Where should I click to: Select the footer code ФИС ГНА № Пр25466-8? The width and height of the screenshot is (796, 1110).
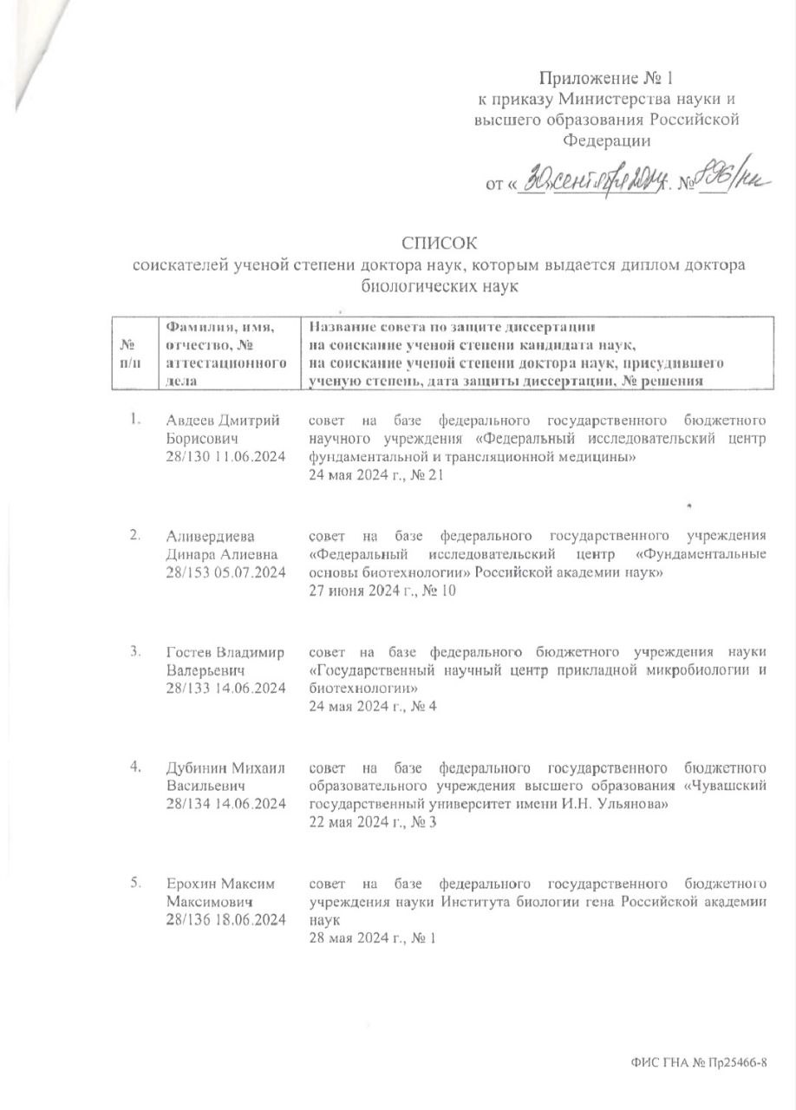(x=701, y=1061)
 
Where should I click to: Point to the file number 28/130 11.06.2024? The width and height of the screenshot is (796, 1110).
(x=225, y=456)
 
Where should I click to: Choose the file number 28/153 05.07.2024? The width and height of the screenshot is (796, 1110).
(x=225, y=572)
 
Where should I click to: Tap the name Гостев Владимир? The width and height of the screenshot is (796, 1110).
(x=225, y=652)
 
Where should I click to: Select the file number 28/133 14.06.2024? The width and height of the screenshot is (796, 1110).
(x=225, y=688)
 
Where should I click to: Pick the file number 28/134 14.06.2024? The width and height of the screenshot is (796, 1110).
(x=225, y=804)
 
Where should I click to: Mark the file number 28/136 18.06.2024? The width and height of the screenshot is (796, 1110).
(x=225, y=919)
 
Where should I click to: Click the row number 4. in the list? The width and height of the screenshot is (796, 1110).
(x=135, y=767)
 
